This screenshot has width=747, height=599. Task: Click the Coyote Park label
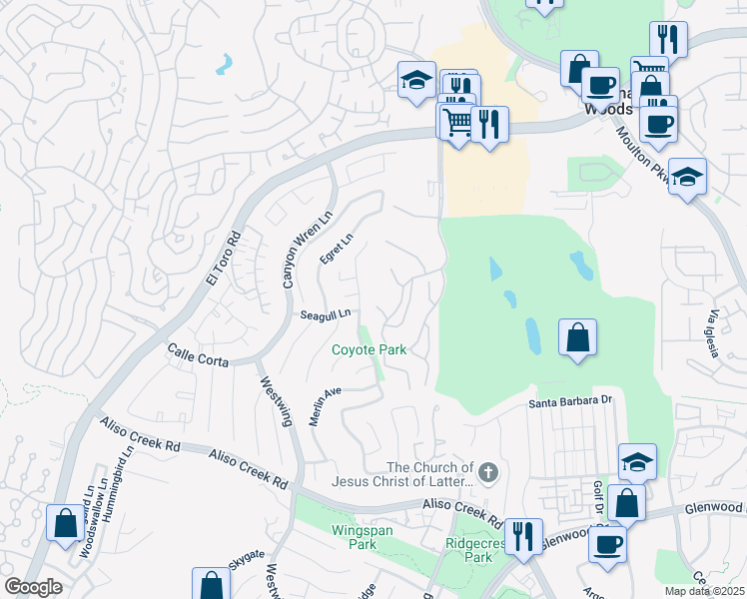tap(369, 350)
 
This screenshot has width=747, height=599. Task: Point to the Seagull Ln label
tap(326, 314)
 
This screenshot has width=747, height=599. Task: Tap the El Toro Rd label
tap(224, 261)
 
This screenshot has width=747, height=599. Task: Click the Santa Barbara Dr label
tap(568, 401)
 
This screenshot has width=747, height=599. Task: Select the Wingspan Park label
tap(355, 538)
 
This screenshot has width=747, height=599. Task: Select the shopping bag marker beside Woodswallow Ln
tap(65, 522)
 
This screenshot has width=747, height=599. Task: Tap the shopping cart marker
tap(457, 122)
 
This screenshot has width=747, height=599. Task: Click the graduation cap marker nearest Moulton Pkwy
tap(687, 177)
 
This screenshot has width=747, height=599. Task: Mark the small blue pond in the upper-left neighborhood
tap(224, 66)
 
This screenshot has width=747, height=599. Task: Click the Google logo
tap(33, 587)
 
